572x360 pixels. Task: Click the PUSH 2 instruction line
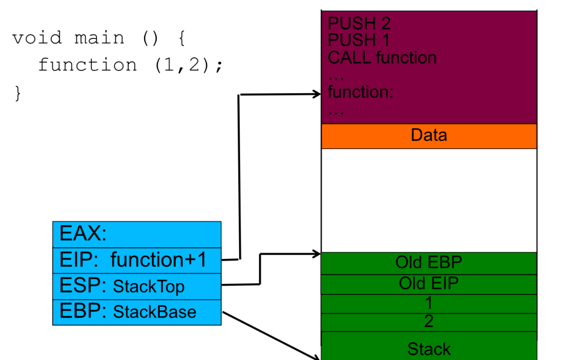pyautogui.click(x=359, y=23)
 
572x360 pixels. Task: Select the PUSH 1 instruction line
pyautogui.click(x=358, y=40)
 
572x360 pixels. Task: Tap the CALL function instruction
pyautogui.click(x=382, y=58)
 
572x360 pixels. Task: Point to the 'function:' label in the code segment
pyautogui.click(x=360, y=92)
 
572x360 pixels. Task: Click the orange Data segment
pyautogui.click(x=429, y=136)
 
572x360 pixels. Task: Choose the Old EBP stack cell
pyautogui.click(x=429, y=263)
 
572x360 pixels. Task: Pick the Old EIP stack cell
pyautogui.click(x=429, y=284)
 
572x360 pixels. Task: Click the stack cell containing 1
pyautogui.click(x=429, y=303)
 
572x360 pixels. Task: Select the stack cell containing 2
pyautogui.click(x=429, y=322)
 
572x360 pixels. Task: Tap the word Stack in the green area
pyautogui.click(x=429, y=349)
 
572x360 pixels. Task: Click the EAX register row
pyautogui.click(x=137, y=235)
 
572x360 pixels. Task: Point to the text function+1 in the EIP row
pyautogui.click(x=159, y=260)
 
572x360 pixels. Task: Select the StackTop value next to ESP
pyautogui.click(x=148, y=287)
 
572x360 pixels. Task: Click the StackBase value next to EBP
pyautogui.click(x=155, y=312)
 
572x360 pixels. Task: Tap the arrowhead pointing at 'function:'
pyautogui.click(x=317, y=94)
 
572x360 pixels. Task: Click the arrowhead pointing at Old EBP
pyautogui.click(x=317, y=253)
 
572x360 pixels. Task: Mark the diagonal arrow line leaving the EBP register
pyautogui.click(x=271, y=335)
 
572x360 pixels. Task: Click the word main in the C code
pyautogui.click(x=99, y=38)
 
